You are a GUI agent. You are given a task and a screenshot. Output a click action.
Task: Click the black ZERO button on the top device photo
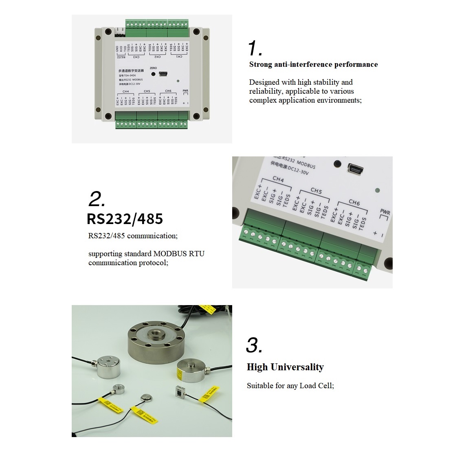(x=153, y=74)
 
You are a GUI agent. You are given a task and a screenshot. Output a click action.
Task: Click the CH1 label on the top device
(x=179, y=57)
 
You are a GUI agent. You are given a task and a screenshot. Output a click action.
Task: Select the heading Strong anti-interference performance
(x=313, y=64)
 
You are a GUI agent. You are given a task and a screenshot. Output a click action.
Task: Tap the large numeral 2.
(x=97, y=199)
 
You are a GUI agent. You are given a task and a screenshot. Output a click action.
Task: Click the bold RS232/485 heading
(x=125, y=219)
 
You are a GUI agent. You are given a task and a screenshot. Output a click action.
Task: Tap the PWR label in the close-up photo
(x=385, y=212)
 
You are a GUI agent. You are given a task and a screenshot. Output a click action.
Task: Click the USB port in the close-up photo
(x=356, y=168)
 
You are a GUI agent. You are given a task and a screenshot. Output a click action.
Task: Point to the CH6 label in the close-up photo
(x=354, y=202)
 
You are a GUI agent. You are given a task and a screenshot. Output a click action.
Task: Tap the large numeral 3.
(x=254, y=345)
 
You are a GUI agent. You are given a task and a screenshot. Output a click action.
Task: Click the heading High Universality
(x=285, y=367)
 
